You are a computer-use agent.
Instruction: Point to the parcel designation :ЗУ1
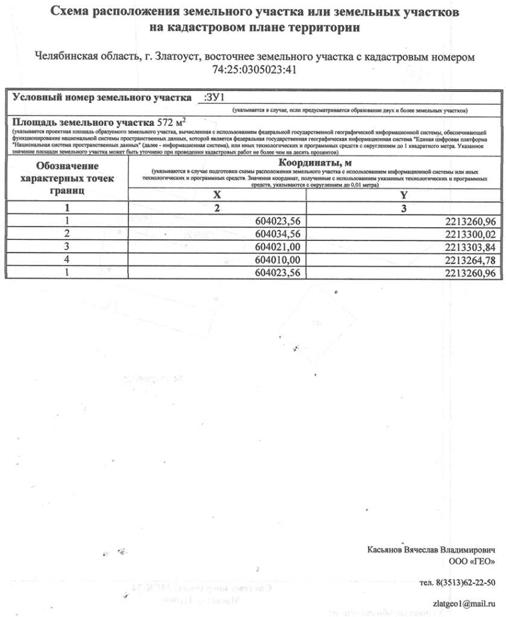point(214,97)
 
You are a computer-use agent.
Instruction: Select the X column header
point(217,195)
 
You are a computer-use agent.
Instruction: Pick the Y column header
point(404,195)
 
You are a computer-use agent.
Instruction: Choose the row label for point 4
point(67,260)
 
